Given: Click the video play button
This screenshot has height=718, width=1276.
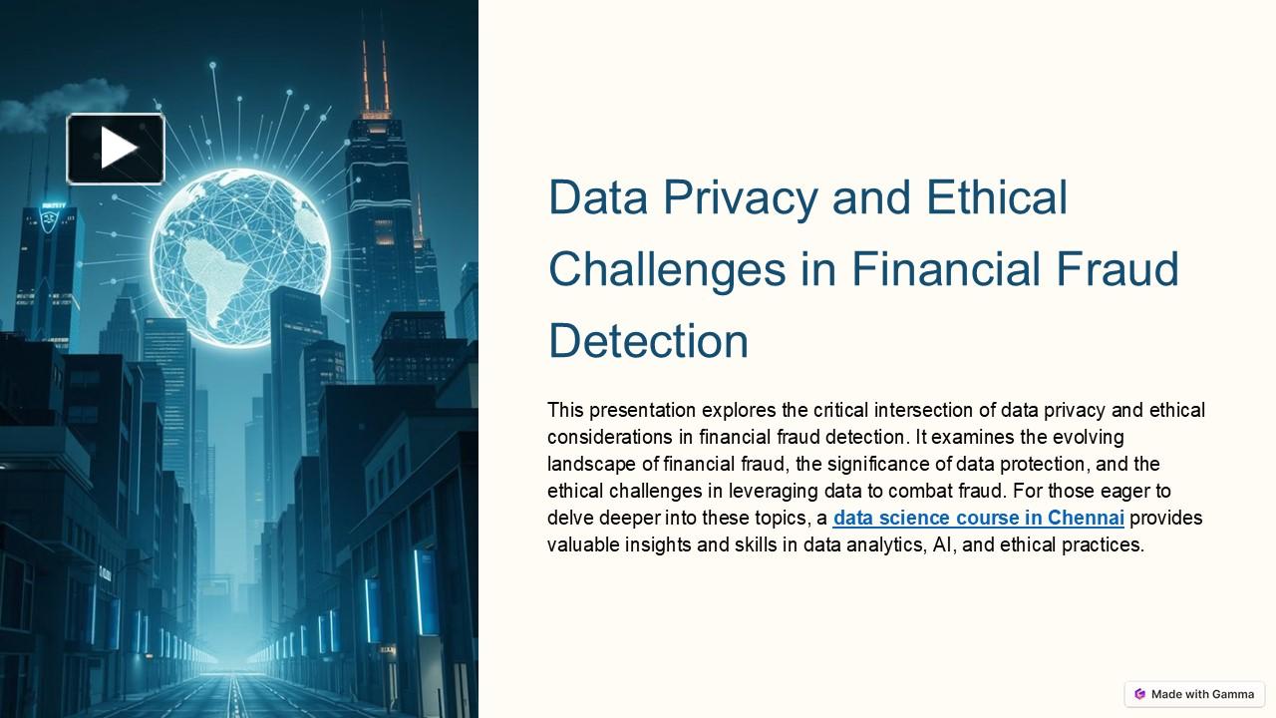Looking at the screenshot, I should click(x=116, y=149).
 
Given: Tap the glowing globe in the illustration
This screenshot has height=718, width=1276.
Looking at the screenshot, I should click(x=239, y=257).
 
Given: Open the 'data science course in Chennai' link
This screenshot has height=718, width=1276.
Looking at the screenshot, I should click(x=978, y=518).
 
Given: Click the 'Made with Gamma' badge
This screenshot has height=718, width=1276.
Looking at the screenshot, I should click(x=1194, y=694).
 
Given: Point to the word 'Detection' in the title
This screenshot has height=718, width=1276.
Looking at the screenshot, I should click(x=648, y=341).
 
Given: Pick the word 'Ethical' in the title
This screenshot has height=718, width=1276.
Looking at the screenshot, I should click(x=997, y=197).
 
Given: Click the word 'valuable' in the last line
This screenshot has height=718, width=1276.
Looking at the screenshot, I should click(x=583, y=544).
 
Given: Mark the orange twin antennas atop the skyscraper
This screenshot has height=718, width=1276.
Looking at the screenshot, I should click(x=375, y=75).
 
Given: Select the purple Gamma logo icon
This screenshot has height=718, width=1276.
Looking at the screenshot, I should click(x=1140, y=694).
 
